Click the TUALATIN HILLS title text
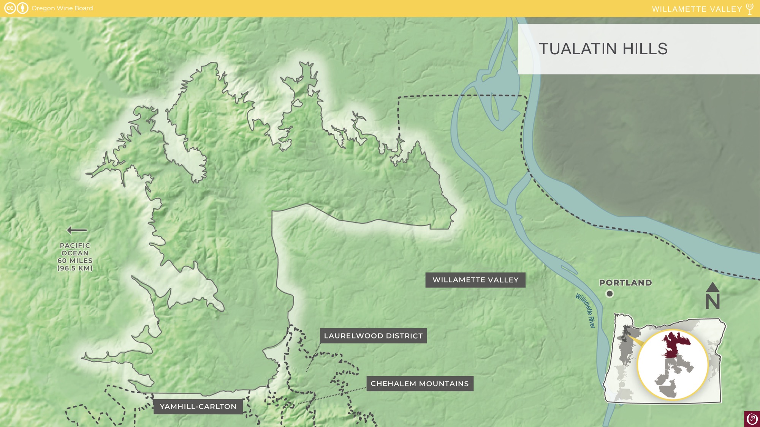tap(603, 49)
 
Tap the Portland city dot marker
tap(610, 293)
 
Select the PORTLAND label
tap(625, 283)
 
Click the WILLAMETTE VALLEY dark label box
tap(475, 280)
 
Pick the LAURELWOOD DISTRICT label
tap(373, 336)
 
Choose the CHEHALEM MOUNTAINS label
tap(420, 384)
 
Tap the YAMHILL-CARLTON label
tap(198, 407)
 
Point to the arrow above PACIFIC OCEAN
tap(77, 230)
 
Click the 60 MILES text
tap(75, 261)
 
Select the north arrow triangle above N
tap(712, 287)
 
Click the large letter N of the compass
tap(712, 302)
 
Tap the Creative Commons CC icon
tap(10, 8)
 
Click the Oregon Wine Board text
tap(62, 8)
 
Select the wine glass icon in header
tap(750, 9)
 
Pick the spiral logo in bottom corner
tap(752, 419)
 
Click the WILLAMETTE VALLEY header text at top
tap(697, 9)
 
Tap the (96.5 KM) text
tap(75, 268)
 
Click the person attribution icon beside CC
tap(23, 8)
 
